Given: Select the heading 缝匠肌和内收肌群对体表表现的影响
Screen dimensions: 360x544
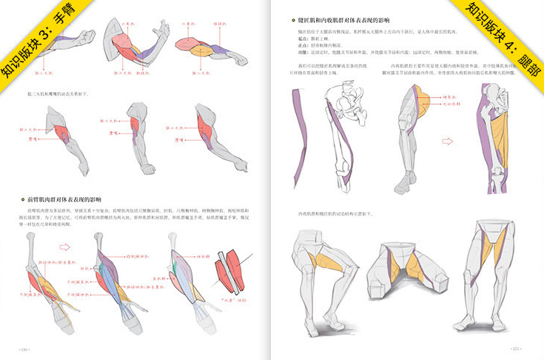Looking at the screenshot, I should click(x=340, y=21).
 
